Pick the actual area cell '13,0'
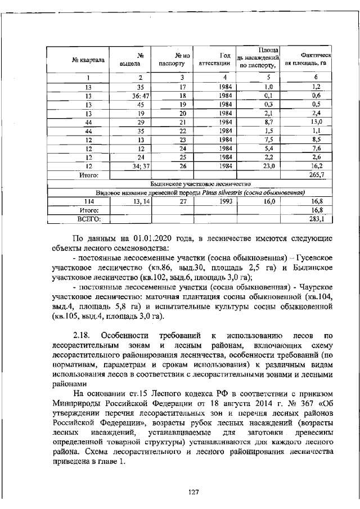(316, 122)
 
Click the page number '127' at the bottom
(193, 492)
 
